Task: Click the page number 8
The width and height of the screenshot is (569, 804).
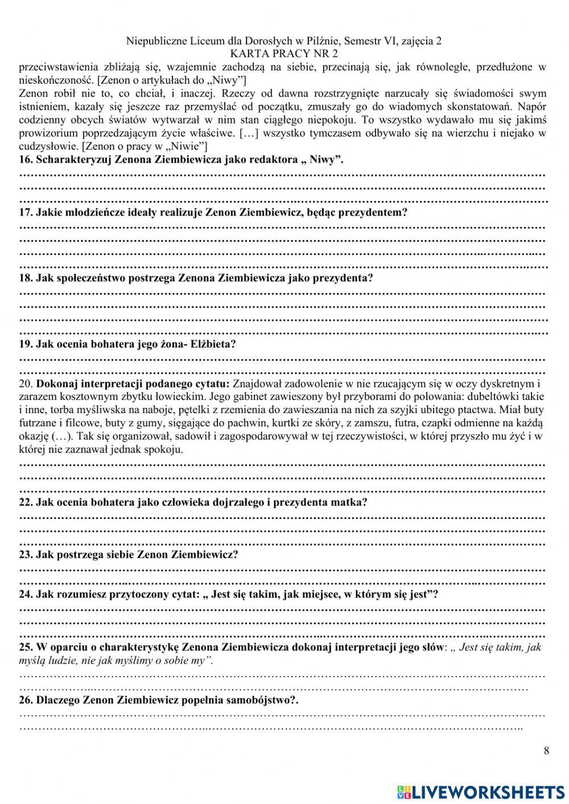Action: click(x=546, y=751)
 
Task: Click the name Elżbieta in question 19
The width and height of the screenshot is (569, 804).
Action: click(x=215, y=344)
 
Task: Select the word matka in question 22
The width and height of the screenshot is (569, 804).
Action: click(x=353, y=502)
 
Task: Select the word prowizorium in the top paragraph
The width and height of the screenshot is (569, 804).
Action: click(x=44, y=134)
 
